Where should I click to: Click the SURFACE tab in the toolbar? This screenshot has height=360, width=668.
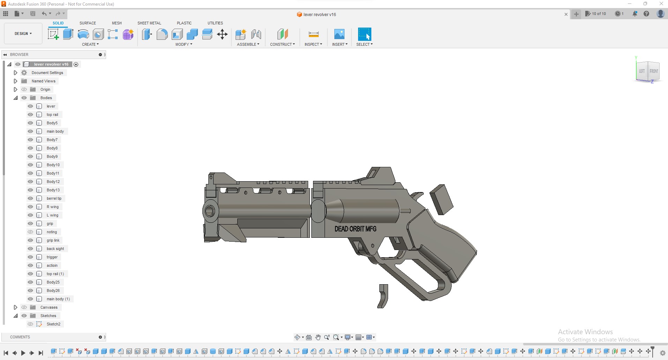pos(88,23)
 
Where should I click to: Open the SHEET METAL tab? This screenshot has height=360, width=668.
pos(149,23)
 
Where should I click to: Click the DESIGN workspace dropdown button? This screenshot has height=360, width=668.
pos(23,34)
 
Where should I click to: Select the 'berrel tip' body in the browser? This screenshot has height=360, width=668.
pos(54,198)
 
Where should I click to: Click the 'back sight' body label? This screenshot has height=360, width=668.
pos(55,249)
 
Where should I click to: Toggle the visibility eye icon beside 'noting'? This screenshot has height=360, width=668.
pos(30,232)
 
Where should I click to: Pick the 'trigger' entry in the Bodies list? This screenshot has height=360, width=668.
pos(52,257)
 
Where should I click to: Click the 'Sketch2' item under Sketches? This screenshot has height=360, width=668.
pos(53,324)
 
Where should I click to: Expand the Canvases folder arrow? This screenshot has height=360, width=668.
pos(15,307)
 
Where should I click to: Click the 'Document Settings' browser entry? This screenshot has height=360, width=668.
pos(47,73)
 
